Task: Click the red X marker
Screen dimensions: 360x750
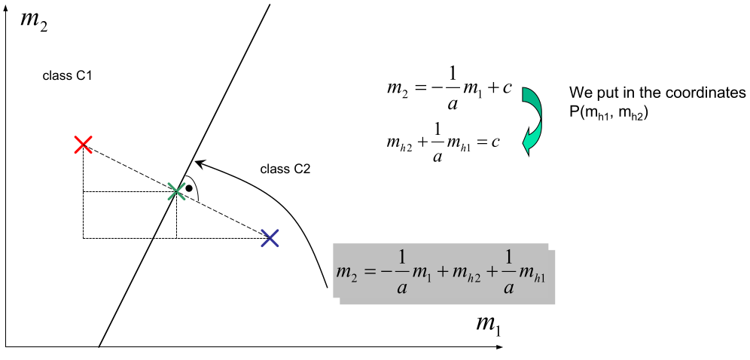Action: pyautogui.click(x=84, y=145)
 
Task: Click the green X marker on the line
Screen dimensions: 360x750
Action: pyautogui.click(x=176, y=191)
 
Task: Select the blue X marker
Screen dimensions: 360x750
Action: pyautogui.click(x=270, y=238)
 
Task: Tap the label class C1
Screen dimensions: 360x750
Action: pyautogui.click(x=68, y=76)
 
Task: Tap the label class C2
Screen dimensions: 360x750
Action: pyautogui.click(x=285, y=169)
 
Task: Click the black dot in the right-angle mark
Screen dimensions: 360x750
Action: pyautogui.click(x=189, y=187)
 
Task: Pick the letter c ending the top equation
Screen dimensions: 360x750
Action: pyautogui.click(x=508, y=88)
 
